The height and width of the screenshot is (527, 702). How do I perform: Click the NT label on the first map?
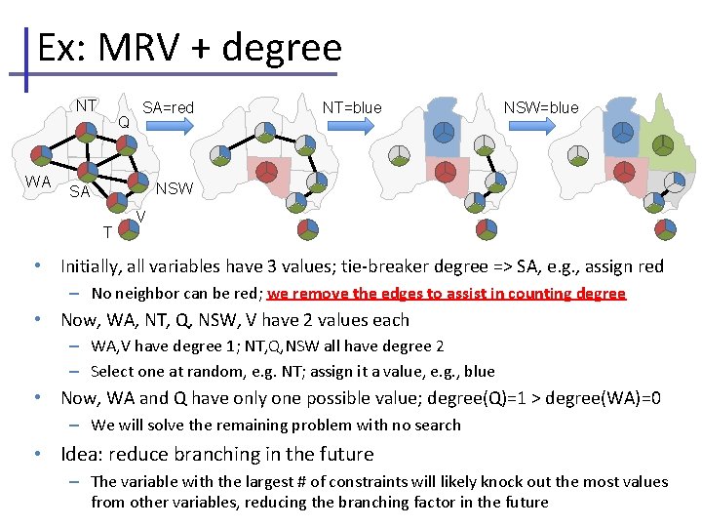87,105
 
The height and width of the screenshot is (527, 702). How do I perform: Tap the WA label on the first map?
38,182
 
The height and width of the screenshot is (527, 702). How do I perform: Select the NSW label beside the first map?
175,187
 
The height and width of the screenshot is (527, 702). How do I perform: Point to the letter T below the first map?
107,231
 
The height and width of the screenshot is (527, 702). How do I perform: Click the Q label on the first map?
124,122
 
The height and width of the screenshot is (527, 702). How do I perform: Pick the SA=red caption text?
168,107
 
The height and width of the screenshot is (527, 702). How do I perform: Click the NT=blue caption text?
352,107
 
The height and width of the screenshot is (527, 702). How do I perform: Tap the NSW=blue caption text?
541,107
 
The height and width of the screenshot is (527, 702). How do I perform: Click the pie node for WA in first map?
41,153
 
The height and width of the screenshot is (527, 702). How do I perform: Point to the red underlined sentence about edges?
446,294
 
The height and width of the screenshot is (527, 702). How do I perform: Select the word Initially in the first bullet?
95,265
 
